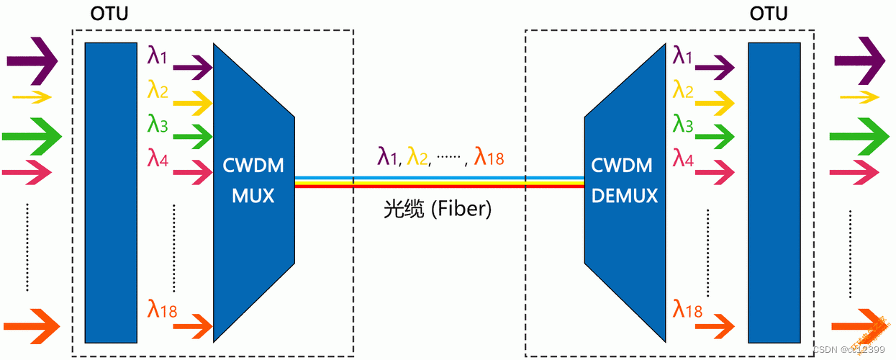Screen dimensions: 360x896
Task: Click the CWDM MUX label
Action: (x=253, y=180)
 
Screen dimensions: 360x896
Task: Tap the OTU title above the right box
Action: (x=769, y=14)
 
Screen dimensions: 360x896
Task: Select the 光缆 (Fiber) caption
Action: (x=438, y=210)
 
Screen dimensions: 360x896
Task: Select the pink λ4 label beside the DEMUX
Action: (x=683, y=157)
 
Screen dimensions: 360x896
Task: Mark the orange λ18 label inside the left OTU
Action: (x=162, y=310)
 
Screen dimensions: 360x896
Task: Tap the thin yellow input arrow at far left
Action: (x=32, y=96)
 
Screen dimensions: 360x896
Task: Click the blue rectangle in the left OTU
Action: (x=110, y=192)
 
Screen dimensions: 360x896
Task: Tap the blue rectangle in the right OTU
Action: (x=774, y=192)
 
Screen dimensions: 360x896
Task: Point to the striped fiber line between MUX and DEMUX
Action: (x=439, y=181)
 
